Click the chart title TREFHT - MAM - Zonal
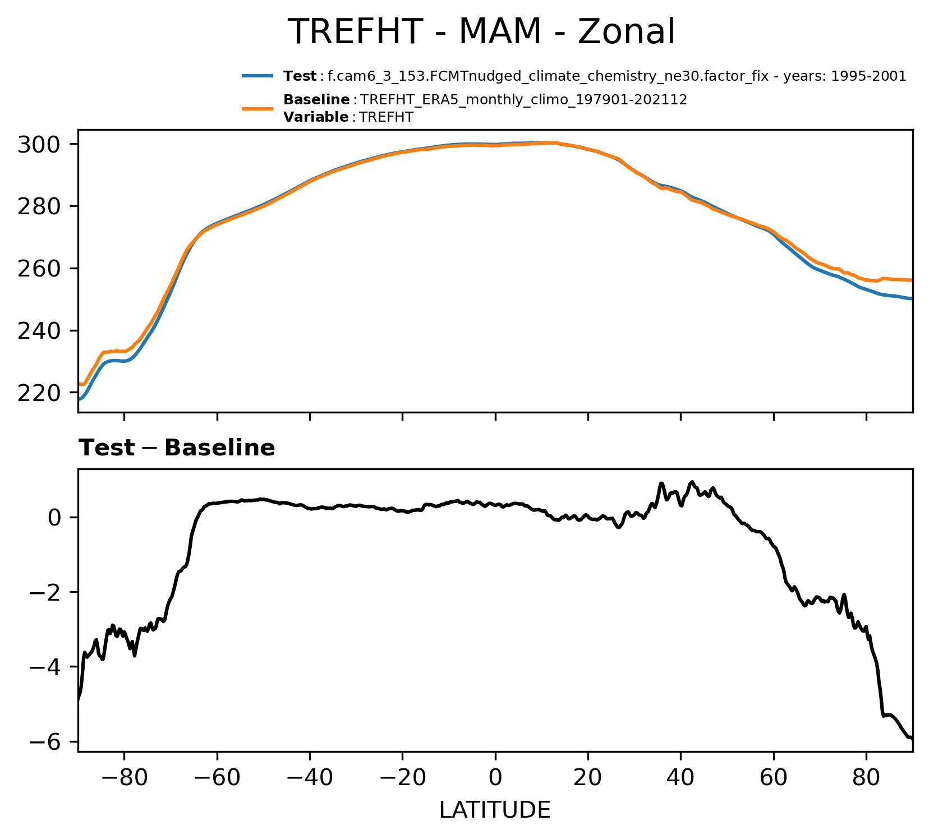(x=481, y=32)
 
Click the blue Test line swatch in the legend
(x=257, y=76)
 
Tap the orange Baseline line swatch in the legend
(x=257, y=108)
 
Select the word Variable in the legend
(x=316, y=117)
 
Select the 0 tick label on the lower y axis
(x=54, y=517)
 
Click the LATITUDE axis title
(x=495, y=810)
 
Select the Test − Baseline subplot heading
(x=177, y=448)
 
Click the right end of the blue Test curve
(x=911, y=298)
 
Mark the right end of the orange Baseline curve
(x=911, y=280)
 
